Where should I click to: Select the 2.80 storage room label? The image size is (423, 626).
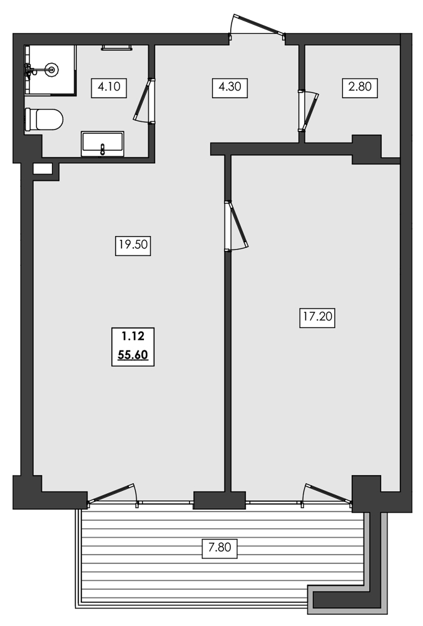[x=360, y=87]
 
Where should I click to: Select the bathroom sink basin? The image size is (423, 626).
[x=103, y=144]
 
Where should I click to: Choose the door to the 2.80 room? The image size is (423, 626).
[x=308, y=110]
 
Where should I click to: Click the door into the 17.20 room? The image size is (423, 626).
[x=237, y=226]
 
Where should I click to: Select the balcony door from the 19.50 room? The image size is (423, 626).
[x=113, y=493]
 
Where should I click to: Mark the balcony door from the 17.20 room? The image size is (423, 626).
[x=327, y=493]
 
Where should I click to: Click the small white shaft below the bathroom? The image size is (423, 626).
[x=43, y=168]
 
